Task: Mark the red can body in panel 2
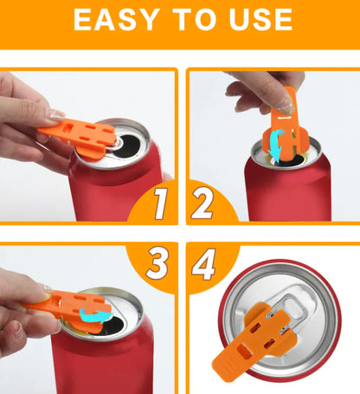pyautogui.click(x=281, y=195)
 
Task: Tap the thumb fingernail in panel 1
pyautogui.click(x=56, y=115)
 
